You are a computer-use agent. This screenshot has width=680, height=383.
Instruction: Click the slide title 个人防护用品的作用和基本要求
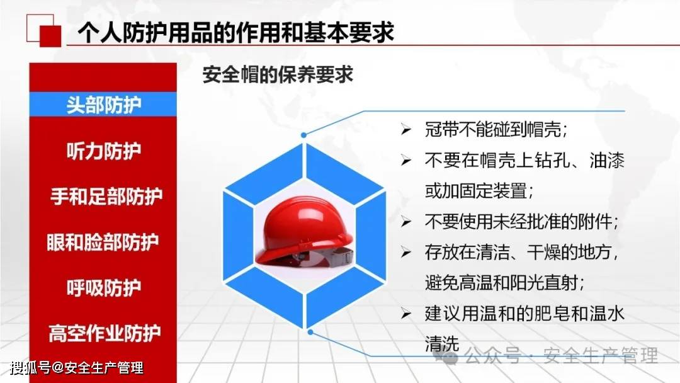coord(235,33)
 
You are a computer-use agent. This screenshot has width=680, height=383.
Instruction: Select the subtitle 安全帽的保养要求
coord(278,74)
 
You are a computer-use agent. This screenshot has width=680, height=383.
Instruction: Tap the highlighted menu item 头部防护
coord(104,105)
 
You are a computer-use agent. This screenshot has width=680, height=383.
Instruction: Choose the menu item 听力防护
coord(104,151)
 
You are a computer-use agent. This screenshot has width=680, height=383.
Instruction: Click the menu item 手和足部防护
coord(106,197)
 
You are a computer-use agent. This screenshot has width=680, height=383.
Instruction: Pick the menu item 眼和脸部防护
coord(103,242)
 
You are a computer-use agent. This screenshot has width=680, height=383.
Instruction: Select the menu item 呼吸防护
coord(104,288)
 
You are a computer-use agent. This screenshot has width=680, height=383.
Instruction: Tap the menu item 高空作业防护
coord(105,333)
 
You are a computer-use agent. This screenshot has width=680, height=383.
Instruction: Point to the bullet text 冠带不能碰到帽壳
coord(496,129)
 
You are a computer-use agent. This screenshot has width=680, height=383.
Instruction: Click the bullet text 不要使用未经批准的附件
coord(521,222)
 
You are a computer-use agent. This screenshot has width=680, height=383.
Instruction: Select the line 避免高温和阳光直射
coord(504,283)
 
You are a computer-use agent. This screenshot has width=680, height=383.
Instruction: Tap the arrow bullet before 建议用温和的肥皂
coord(406,314)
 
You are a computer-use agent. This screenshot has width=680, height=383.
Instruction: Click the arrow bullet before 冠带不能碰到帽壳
coord(406,129)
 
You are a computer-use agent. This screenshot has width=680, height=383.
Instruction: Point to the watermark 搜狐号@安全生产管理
coord(76,369)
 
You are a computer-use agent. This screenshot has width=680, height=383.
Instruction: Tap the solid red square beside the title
coord(50,36)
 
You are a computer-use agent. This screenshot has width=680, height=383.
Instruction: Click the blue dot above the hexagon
coord(303,135)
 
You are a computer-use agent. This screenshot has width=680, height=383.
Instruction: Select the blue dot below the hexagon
coord(310,332)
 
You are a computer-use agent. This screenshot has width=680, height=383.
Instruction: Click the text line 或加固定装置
coord(479,191)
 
